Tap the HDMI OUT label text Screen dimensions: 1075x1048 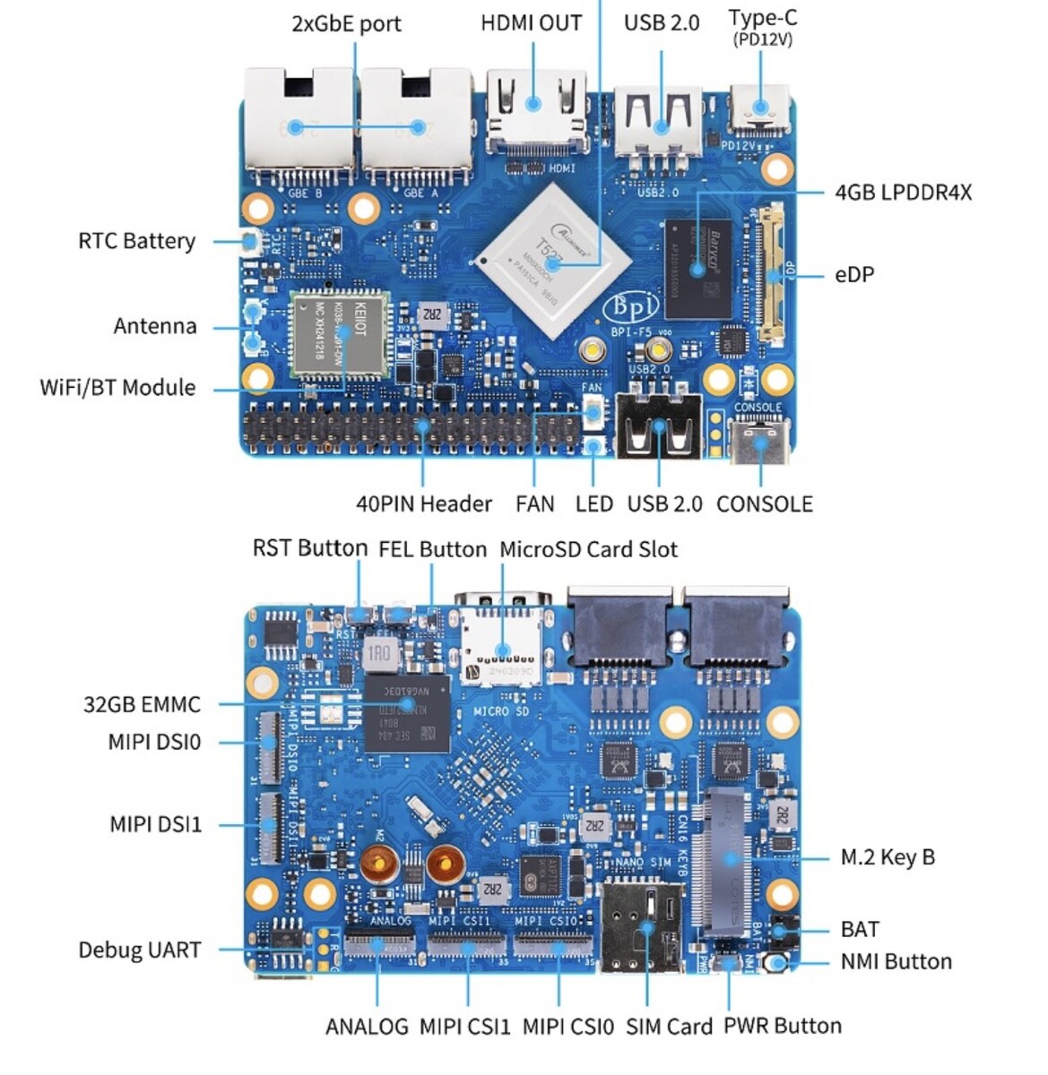531,23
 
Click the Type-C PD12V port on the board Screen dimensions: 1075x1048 760,107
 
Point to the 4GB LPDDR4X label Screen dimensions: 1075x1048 903,193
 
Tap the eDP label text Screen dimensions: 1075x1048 853,275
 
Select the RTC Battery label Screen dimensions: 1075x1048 136,241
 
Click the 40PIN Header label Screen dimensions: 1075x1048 424,504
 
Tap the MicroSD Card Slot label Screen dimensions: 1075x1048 588,549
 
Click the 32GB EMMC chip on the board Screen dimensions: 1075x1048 407,713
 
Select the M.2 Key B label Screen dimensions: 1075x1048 888,857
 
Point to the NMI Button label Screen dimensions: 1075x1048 896,962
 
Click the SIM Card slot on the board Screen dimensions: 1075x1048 641,927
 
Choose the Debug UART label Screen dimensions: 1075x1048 139,950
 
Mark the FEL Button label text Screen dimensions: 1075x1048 432,549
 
